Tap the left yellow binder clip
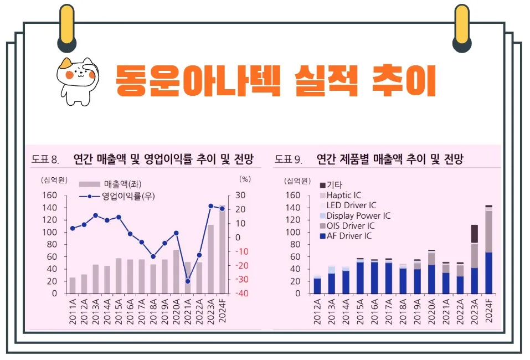66,28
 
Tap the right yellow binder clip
461,28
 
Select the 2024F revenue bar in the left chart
222,250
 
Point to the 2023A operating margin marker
211,206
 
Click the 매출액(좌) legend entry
106,184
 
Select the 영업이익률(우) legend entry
110,196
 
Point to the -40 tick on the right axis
243,294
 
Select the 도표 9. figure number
288,160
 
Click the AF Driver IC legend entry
346,236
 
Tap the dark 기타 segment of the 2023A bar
475,234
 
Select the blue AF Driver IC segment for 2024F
489,272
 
